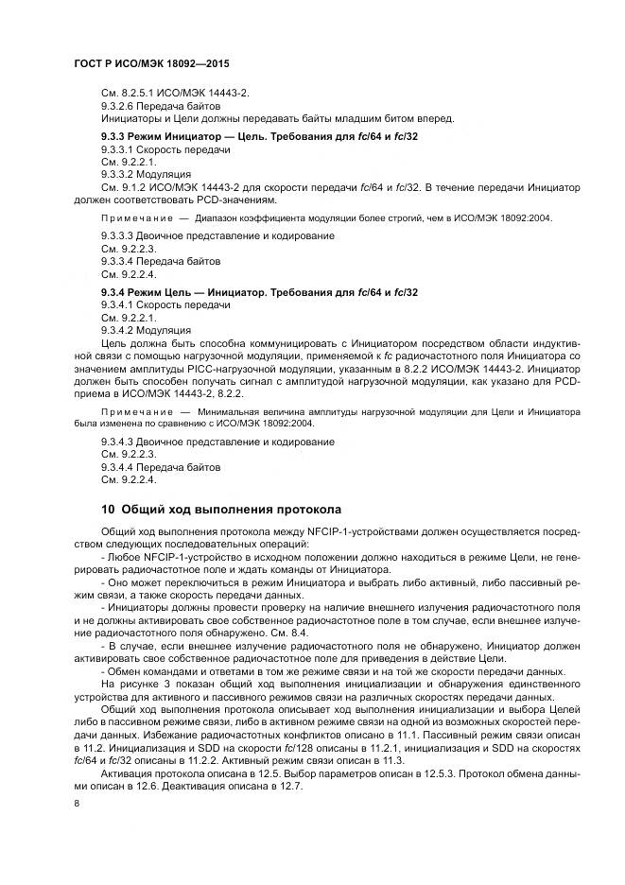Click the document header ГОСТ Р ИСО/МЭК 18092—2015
151,63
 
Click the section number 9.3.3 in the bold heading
115,137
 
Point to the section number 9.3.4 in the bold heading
115,292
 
